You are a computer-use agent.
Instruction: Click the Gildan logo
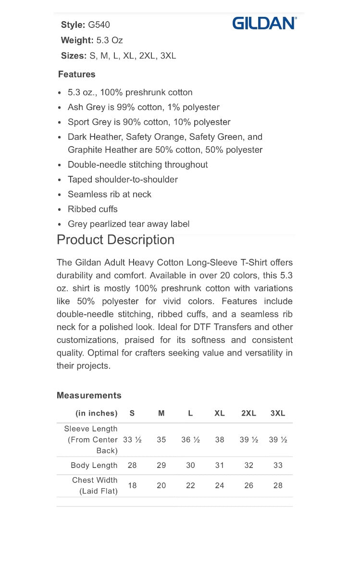point(264,23)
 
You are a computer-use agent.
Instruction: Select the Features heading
point(77,74)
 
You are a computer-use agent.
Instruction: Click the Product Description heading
point(115,240)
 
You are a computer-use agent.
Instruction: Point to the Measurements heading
point(89,395)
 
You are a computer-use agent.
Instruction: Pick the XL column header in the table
point(220,413)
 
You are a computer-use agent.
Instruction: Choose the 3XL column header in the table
point(278,413)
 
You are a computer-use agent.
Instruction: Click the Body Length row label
point(94,465)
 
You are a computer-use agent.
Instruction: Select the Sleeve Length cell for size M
point(161,440)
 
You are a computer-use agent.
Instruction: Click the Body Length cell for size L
point(190,465)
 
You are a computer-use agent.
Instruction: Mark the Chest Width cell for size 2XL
point(248,485)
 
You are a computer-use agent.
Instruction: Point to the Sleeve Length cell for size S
point(132,440)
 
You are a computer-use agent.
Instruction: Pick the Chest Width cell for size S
point(132,485)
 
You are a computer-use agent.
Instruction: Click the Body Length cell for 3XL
point(278,465)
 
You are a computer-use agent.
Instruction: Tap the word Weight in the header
point(76,40)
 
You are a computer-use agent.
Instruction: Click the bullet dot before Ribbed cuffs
point(59,210)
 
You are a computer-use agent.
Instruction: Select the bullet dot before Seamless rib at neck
point(59,195)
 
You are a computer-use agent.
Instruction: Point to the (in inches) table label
point(96,413)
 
